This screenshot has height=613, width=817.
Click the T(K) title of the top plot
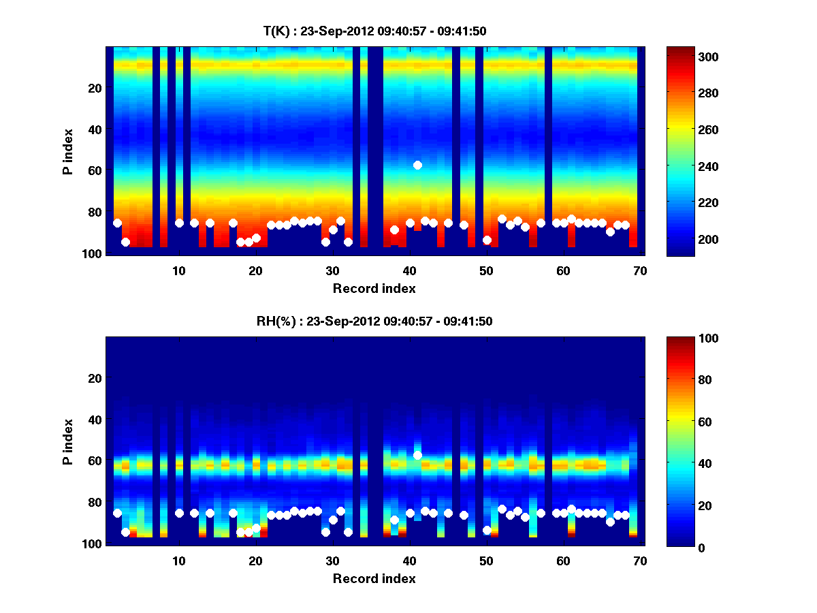374,31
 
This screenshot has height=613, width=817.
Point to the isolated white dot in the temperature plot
417,165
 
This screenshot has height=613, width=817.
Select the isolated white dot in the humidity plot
417,455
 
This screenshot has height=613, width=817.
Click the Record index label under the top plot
374,288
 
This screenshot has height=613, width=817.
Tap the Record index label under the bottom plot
374,578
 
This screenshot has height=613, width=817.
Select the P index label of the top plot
67,151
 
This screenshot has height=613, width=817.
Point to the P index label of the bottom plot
67,441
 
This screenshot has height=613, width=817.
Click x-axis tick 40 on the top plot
409,270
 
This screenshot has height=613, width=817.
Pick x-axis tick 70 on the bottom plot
640,561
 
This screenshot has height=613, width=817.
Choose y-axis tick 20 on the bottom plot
95,378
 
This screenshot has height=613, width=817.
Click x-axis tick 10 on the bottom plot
178,561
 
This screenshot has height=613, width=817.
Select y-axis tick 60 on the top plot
95,170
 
